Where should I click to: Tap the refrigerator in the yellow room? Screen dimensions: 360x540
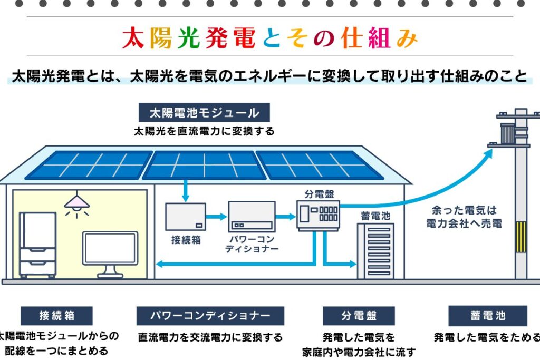tap(37, 245)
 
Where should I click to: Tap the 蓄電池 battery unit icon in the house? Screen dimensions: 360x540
tap(375, 251)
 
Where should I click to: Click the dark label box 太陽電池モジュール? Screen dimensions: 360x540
tap(204, 113)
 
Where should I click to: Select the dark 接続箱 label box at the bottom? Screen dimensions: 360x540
tap(56, 316)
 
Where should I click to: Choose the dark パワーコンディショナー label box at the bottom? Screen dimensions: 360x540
tap(210, 316)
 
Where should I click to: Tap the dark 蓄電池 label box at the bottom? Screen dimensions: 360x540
tap(488, 316)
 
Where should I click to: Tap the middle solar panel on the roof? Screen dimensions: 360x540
tap(204, 165)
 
